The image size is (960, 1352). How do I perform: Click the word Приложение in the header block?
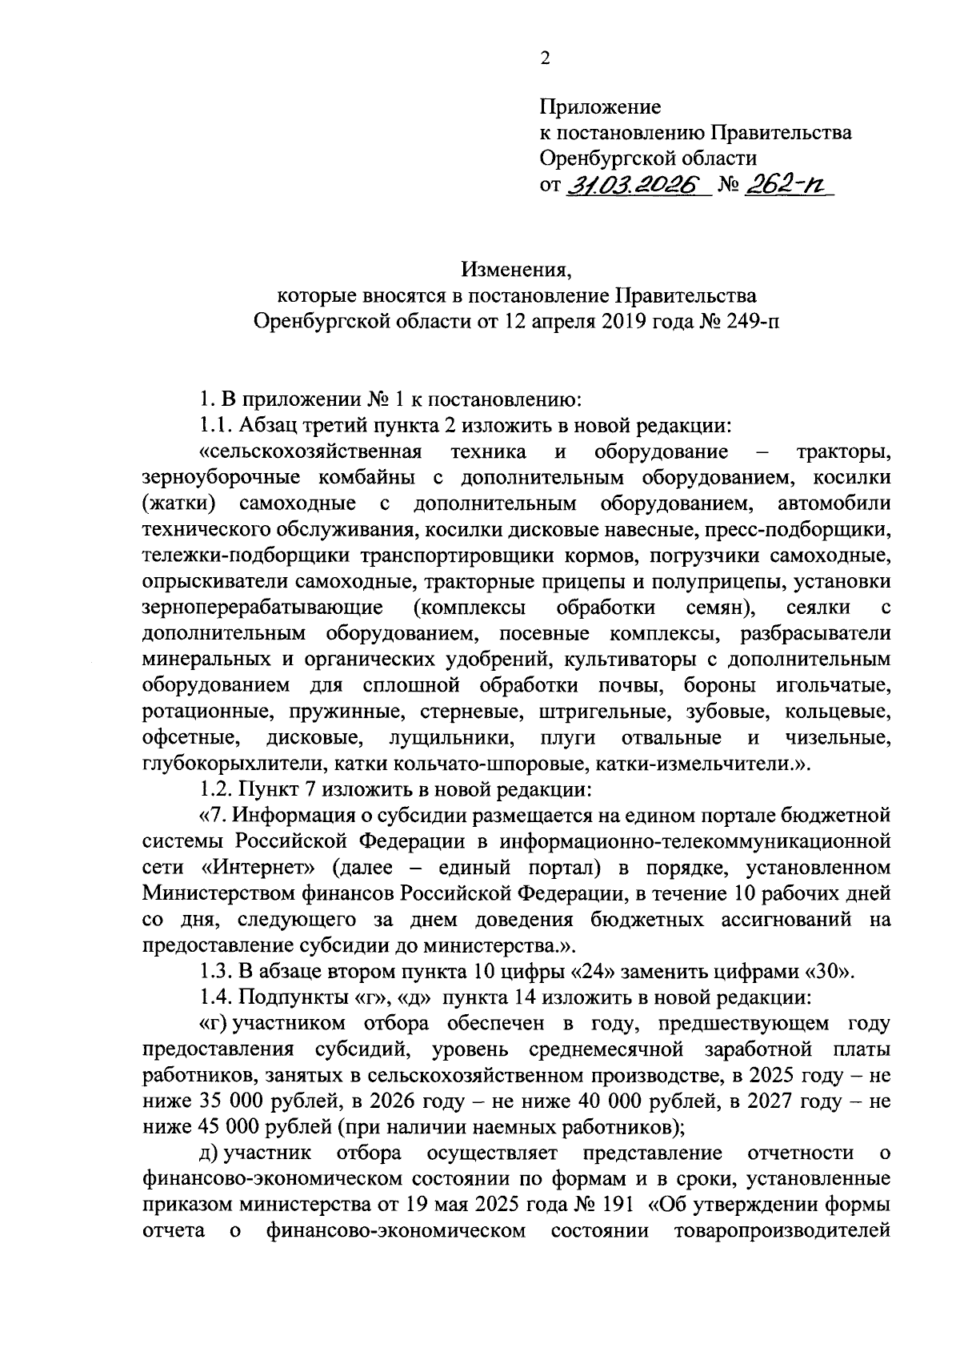pos(600,106)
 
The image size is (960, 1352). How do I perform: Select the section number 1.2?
pos(216,790)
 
